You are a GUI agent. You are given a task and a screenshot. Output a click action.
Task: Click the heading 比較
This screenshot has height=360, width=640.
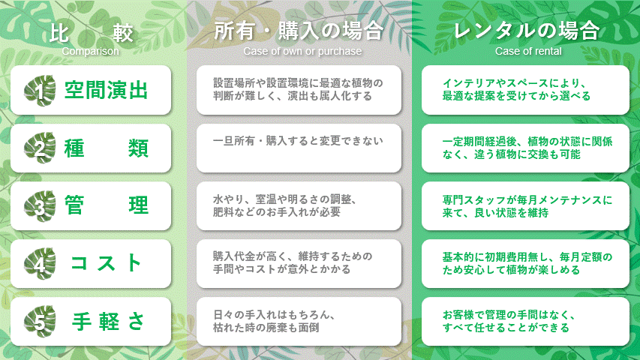pyautogui.click(x=91, y=33)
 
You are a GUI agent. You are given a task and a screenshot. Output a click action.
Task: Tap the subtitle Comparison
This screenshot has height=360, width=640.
pyautogui.click(x=90, y=52)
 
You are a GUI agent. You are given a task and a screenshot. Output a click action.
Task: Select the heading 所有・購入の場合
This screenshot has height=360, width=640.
pyautogui.click(x=299, y=31)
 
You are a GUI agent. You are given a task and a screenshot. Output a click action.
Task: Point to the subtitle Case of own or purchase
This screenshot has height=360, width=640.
pyautogui.click(x=302, y=52)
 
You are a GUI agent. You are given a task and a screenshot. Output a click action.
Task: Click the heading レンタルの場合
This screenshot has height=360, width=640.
pyautogui.click(x=527, y=31)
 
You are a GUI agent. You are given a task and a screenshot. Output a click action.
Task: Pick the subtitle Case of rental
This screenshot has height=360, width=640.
pyautogui.click(x=528, y=52)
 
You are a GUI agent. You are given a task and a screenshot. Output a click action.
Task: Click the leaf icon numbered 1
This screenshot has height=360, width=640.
pyautogui.click(x=40, y=90)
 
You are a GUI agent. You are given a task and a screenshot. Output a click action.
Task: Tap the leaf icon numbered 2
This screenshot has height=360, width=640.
pyautogui.click(x=40, y=148)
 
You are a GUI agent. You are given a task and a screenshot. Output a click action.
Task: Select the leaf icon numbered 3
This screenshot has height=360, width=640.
pyautogui.click(x=40, y=206)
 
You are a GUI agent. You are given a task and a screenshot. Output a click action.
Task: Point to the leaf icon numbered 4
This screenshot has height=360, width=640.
pyautogui.click(x=40, y=264)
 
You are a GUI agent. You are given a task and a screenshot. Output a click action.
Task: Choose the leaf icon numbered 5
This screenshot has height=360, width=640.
pyautogui.click(x=40, y=322)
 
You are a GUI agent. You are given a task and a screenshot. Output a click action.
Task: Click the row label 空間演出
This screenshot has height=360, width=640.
pyautogui.click(x=106, y=90)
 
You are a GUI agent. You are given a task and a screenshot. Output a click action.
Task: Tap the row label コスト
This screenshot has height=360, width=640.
pyautogui.click(x=106, y=263)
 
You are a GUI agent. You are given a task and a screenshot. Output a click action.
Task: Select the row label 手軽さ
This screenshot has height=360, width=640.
pyautogui.click(x=108, y=322)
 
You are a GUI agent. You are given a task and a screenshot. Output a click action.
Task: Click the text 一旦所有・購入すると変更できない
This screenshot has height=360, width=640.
pyautogui.click(x=298, y=141)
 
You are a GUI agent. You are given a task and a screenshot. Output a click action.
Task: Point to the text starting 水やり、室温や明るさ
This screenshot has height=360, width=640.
pyautogui.click(x=285, y=205)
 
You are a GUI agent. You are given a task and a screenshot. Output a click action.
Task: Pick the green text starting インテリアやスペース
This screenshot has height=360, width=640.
pyautogui.click(x=516, y=90)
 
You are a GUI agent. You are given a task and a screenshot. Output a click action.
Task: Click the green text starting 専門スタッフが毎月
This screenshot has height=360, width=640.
pyautogui.click(x=527, y=206)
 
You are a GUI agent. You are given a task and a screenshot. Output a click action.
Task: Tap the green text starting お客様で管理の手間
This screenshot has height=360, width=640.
pyautogui.click(x=509, y=321)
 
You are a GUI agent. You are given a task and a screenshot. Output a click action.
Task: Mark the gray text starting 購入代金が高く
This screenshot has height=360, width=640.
pyautogui.click(x=293, y=262)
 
